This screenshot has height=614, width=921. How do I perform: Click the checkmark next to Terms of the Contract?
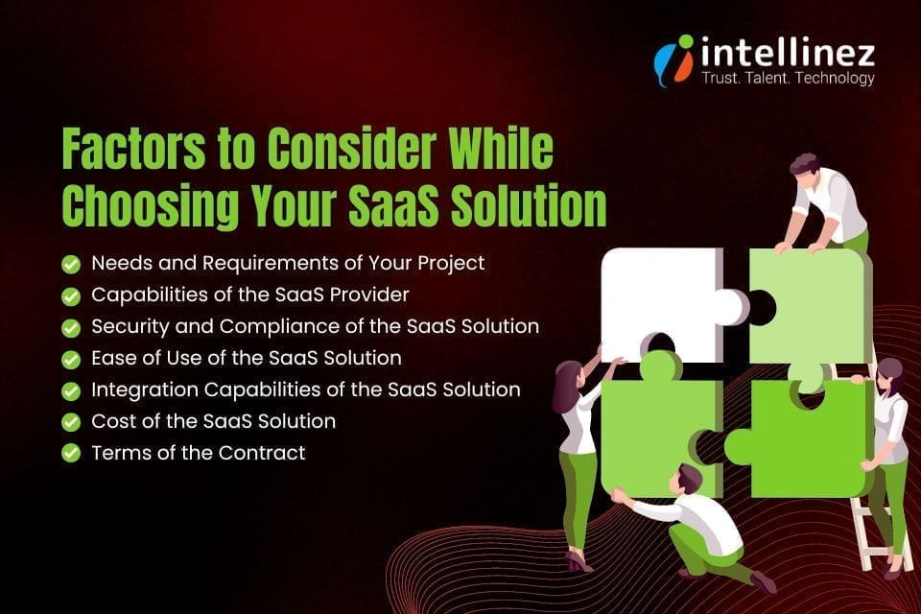click(x=70, y=453)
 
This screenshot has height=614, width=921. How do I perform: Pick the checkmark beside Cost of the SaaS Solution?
click(x=70, y=421)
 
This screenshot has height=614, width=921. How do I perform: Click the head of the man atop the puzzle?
click(x=805, y=165)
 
